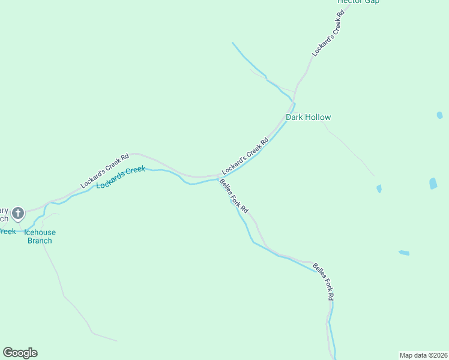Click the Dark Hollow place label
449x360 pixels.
[x=308, y=117]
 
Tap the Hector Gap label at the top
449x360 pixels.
[x=358, y=2]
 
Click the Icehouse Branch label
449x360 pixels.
[x=40, y=236]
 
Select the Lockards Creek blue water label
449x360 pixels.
[x=121, y=177]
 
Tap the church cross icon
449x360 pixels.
[x=18, y=212]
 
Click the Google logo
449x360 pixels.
[x=20, y=353]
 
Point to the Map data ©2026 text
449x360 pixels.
[x=423, y=355]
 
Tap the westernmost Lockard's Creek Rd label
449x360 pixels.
[x=105, y=172]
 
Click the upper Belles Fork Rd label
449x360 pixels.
[x=234, y=196]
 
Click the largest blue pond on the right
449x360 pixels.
[x=433, y=184]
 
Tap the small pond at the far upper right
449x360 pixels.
[x=440, y=115]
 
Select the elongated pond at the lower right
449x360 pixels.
[x=404, y=253]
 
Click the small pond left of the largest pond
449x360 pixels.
[x=379, y=188]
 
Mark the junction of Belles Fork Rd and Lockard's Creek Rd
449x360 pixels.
[x=218, y=177]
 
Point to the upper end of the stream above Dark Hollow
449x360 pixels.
[x=233, y=43]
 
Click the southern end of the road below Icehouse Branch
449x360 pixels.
[x=117, y=341]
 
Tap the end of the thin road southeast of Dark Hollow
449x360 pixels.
[x=374, y=176]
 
